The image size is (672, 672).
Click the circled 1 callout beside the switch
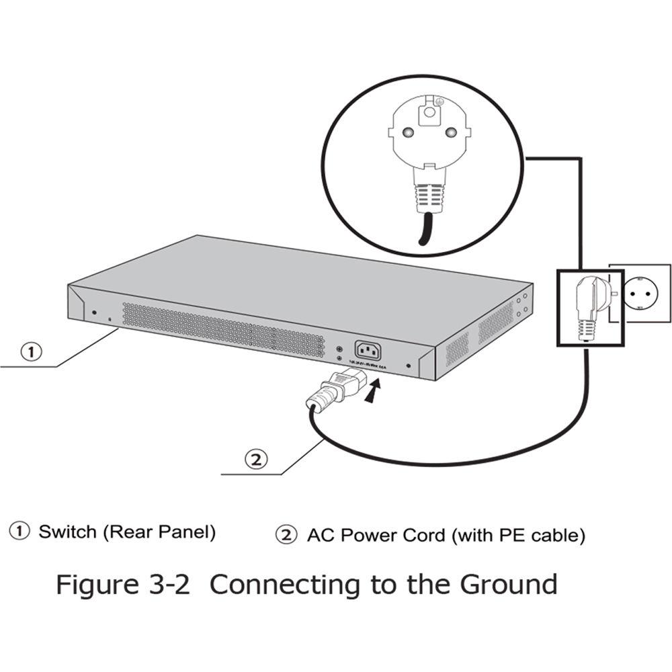click(32, 351)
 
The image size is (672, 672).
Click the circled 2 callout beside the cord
click(255, 460)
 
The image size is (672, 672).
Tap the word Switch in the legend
click(67, 532)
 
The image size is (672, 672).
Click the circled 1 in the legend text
click(19, 532)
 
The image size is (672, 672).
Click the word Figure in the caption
click(93, 585)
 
